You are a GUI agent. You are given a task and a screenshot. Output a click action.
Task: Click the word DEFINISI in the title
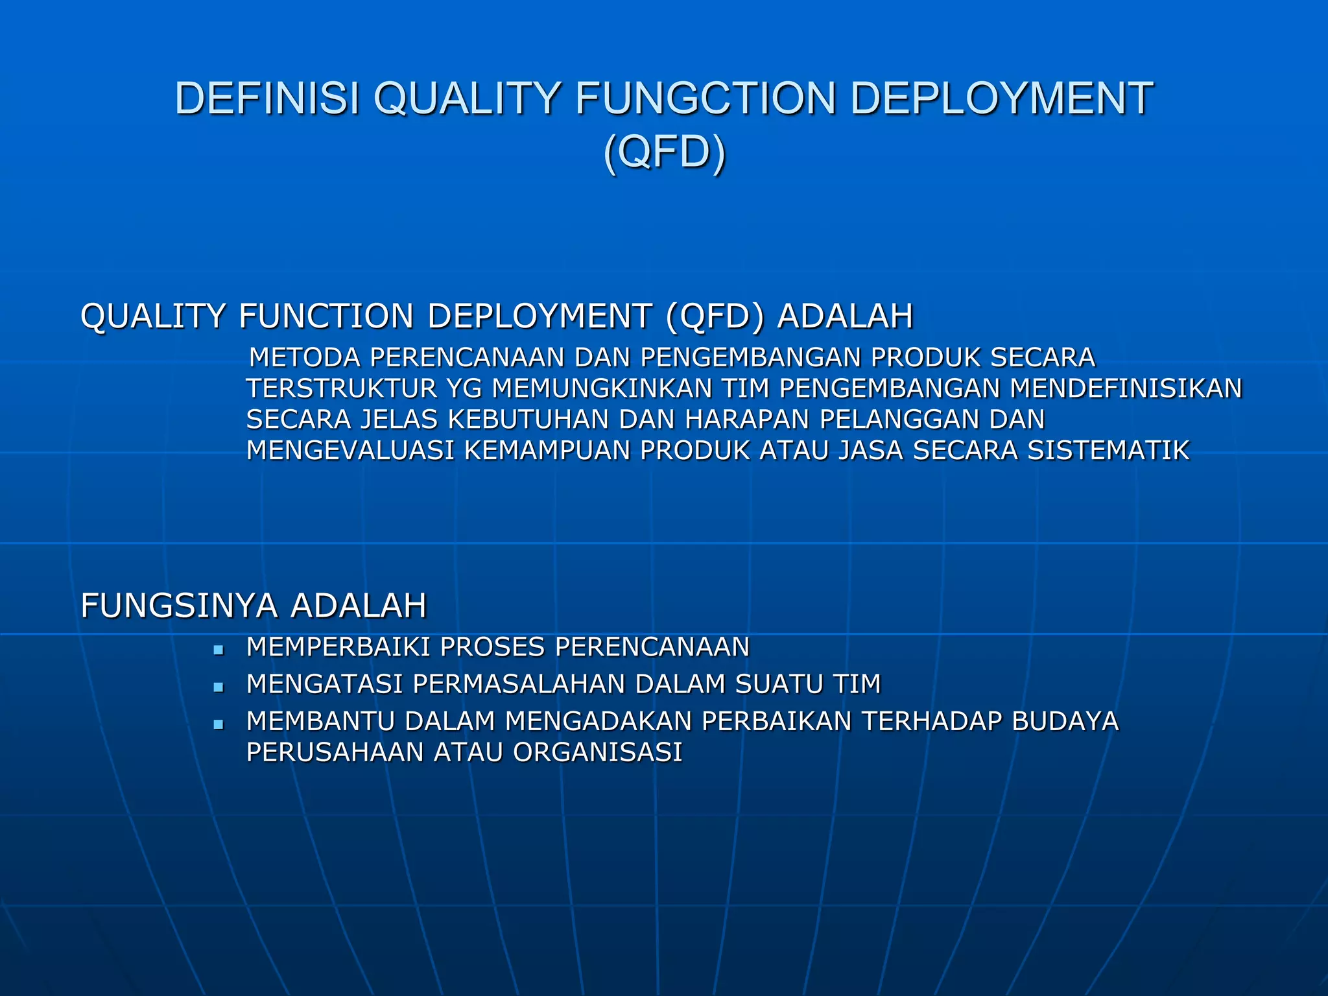(267, 99)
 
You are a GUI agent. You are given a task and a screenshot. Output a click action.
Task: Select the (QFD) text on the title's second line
(664, 152)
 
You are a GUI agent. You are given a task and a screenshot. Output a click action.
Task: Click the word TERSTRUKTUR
(341, 388)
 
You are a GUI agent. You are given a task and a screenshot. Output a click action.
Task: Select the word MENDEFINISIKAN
(1126, 388)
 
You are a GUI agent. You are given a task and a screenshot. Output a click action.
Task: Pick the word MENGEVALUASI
(350, 450)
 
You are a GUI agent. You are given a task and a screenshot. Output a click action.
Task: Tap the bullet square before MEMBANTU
(219, 724)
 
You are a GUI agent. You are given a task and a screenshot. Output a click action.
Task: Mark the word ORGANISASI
(597, 752)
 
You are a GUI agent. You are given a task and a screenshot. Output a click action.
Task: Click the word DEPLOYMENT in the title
(1001, 99)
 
